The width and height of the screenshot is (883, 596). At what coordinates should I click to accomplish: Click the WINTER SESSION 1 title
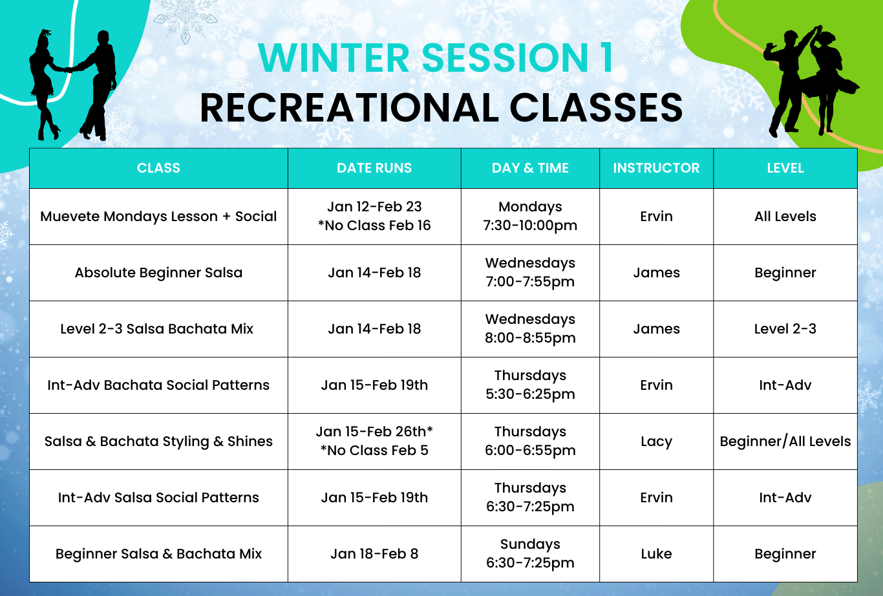436,58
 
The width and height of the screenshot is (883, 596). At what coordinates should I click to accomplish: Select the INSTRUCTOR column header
656,168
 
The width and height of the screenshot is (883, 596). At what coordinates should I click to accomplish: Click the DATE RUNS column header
374,168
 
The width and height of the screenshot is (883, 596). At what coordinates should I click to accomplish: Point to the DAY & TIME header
530,168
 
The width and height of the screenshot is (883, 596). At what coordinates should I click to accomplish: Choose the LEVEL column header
785,168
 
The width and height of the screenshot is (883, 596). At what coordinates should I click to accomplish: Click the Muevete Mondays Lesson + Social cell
158,217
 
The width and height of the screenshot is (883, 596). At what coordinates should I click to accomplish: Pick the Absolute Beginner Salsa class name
158,273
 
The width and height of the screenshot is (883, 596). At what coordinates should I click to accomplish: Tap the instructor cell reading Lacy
656,442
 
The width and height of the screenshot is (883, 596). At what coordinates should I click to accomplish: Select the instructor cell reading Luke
656,554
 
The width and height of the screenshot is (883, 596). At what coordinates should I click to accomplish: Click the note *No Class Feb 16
374,226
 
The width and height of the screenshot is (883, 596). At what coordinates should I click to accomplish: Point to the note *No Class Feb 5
374,450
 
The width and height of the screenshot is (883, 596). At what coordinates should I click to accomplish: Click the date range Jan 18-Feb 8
374,554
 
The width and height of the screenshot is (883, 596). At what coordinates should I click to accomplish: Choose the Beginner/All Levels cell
785,442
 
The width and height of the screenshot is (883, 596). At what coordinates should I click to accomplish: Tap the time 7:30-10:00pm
530,226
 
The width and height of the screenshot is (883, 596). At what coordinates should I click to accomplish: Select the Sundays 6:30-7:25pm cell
530,553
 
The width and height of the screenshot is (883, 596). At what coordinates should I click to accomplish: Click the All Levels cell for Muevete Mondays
785,217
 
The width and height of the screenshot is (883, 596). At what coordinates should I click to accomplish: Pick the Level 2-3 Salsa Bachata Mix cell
156,329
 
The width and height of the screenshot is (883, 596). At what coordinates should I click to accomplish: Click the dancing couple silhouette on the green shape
810,81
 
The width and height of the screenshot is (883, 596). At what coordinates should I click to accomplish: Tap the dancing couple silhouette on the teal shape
73,85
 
